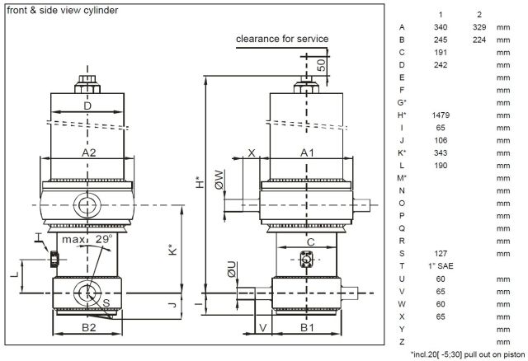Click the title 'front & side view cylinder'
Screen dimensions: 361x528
pyautogui.click(x=62, y=11)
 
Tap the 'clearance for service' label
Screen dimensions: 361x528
pyautogui.click(x=282, y=39)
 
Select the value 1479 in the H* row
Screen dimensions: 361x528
pyautogui.click(x=441, y=115)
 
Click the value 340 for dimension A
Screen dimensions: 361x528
pyautogui.click(x=441, y=27)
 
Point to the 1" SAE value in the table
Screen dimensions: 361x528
pyautogui.click(x=441, y=265)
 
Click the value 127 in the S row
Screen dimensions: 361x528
pyautogui.click(x=441, y=253)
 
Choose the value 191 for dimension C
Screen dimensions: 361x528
pyautogui.click(x=441, y=52)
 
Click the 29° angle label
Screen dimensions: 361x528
pyautogui.click(x=104, y=239)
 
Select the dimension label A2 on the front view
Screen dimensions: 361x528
pyautogui.click(x=87, y=152)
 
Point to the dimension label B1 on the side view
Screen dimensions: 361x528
pyautogui.click(x=306, y=327)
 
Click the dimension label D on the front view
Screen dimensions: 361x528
pyautogui.click(x=86, y=106)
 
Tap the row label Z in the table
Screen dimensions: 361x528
pyautogui.click(x=401, y=340)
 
